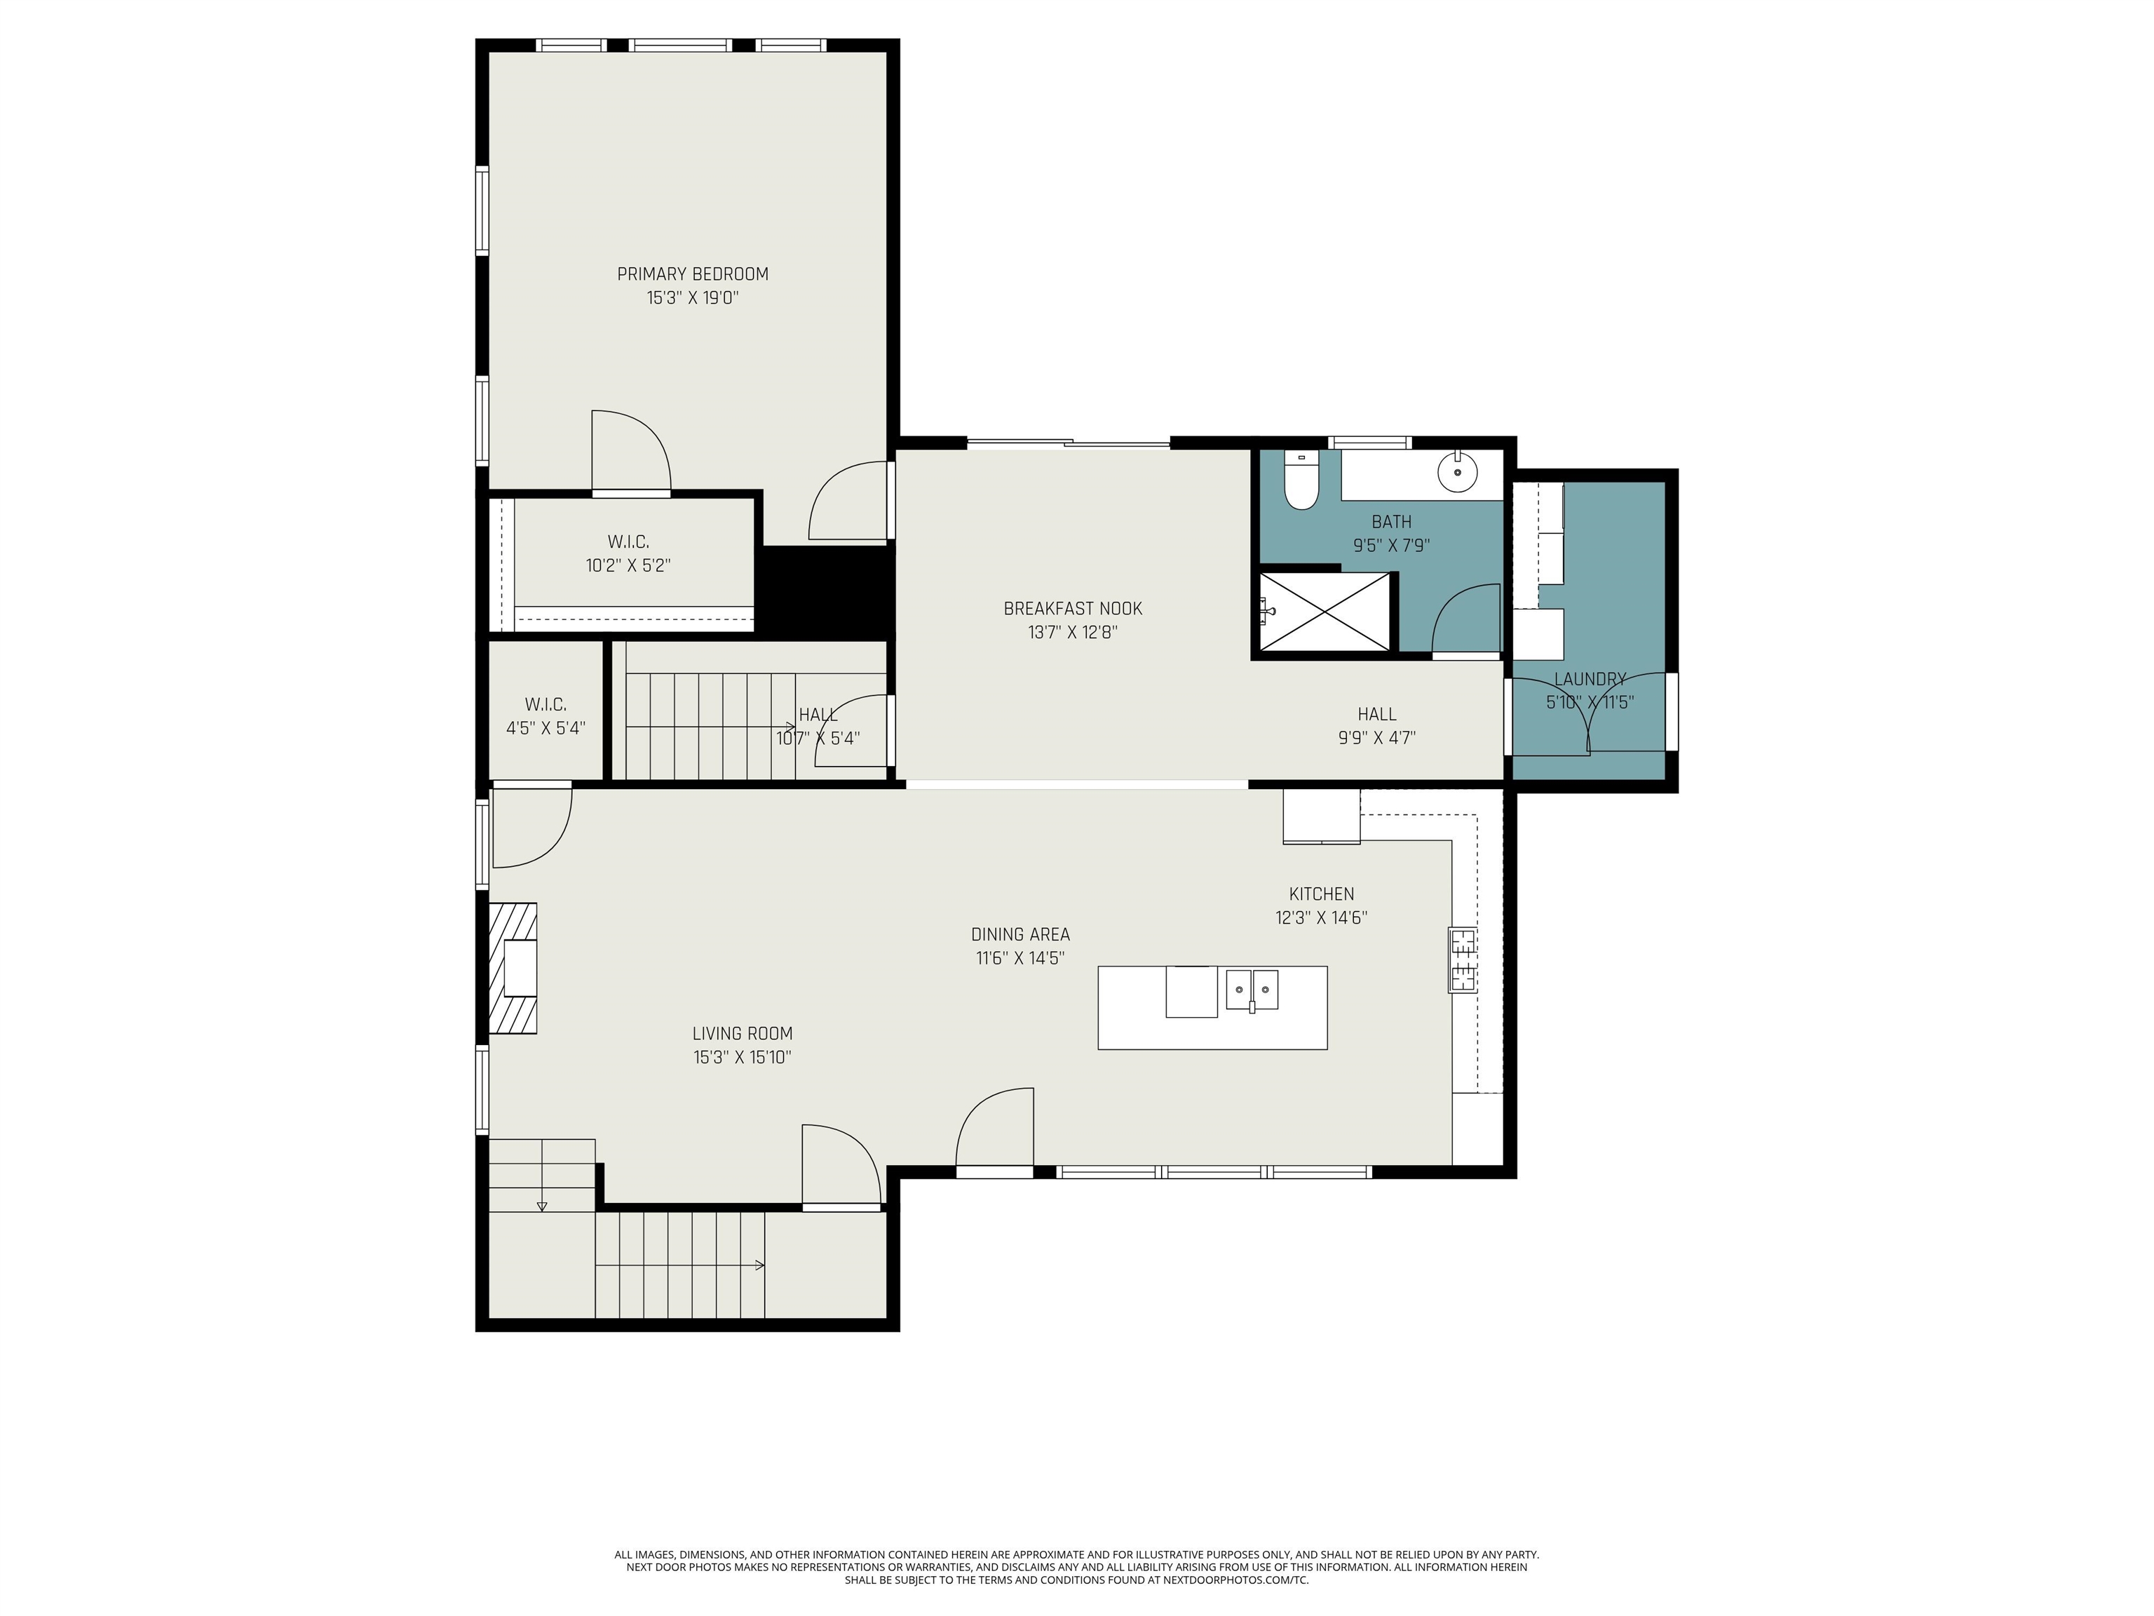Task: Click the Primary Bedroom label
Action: [x=692, y=274]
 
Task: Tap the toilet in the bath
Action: [x=1300, y=480]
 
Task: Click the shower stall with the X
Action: [x=1325, y=611]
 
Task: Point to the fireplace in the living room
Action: [x=513, y=968]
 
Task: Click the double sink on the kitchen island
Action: [x=1252, y=990]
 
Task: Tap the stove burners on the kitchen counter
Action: [x=1463, y=960]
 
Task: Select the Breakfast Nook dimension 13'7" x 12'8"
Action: [x=1073, y=632]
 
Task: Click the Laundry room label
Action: [x=1590, y=679]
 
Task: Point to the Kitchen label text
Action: [x=1322, y=894]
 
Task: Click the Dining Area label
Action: [x=1020, y=934]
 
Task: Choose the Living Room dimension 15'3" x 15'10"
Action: [x=742, y=1057]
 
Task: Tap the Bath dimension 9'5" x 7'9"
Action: [x=1392, y=546]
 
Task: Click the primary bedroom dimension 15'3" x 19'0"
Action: [x=692, y=298]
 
